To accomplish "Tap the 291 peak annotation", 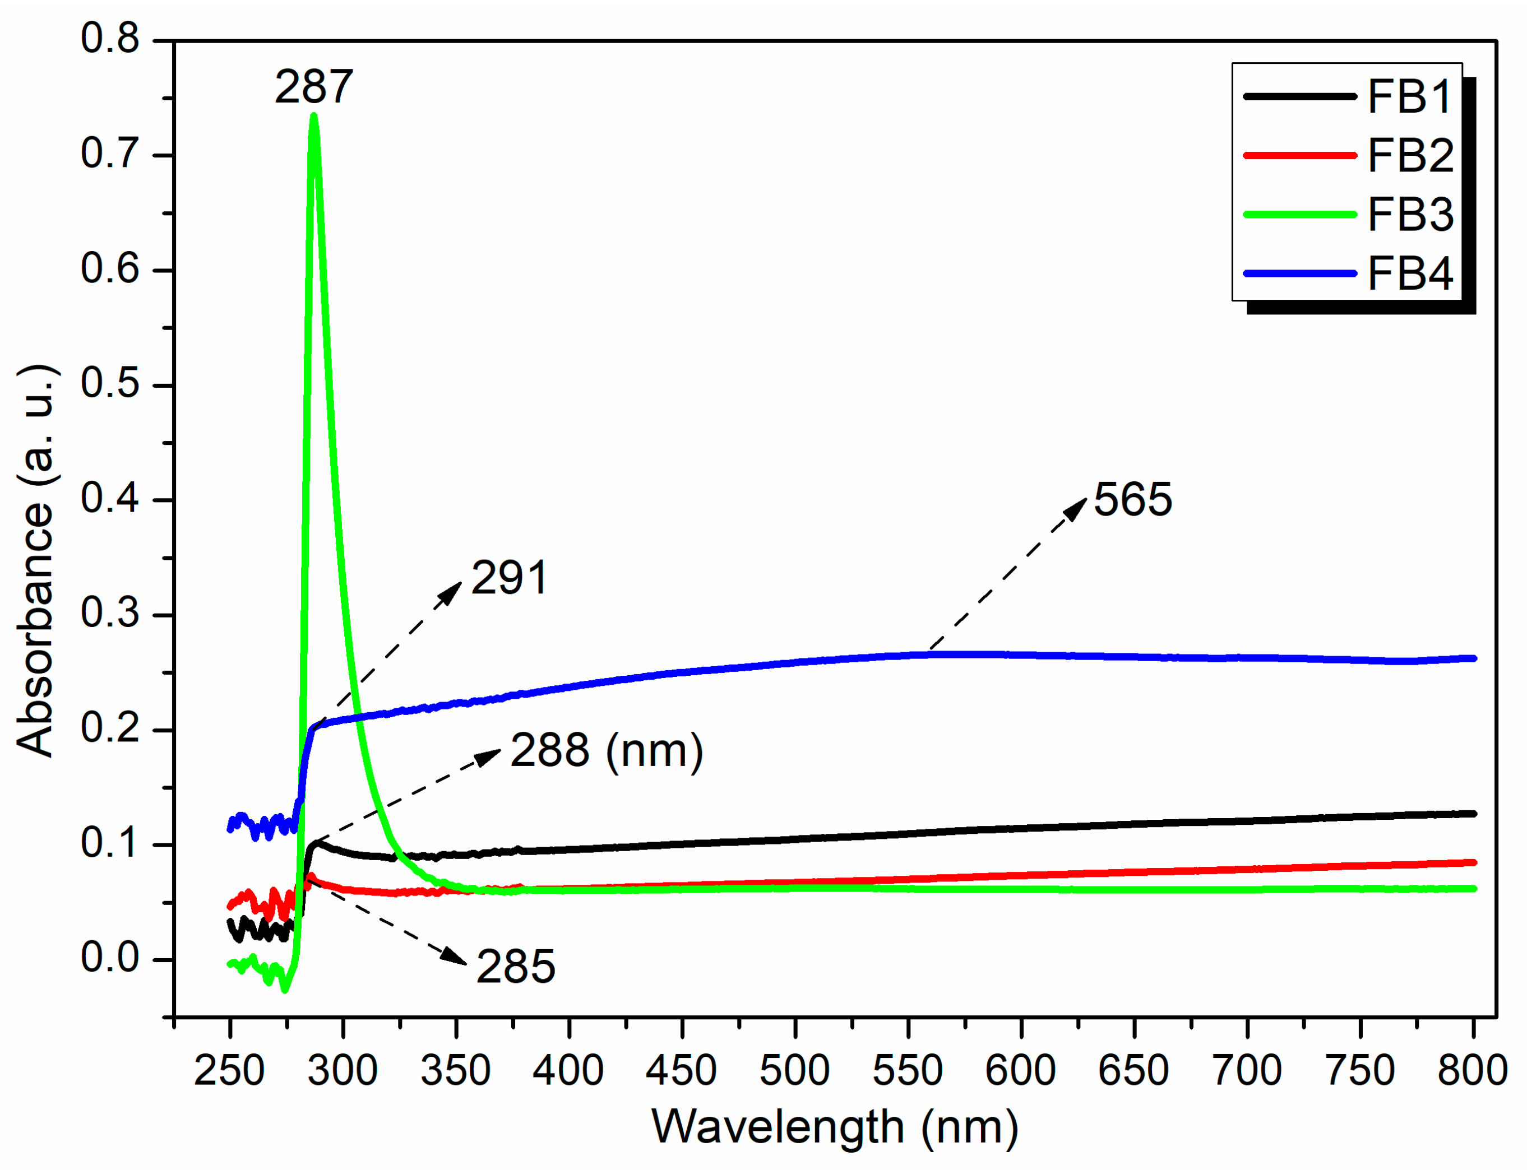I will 509,578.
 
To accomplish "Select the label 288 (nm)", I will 606,751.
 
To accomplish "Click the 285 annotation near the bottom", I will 516,967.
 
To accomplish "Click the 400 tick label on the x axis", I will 568,1070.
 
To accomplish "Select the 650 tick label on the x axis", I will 1133,1070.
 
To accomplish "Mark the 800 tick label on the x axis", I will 1472,1070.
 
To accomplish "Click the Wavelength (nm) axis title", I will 835,1127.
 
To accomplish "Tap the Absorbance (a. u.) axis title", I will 36,560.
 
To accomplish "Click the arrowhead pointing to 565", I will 1077,508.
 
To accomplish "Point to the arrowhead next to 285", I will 456,957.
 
